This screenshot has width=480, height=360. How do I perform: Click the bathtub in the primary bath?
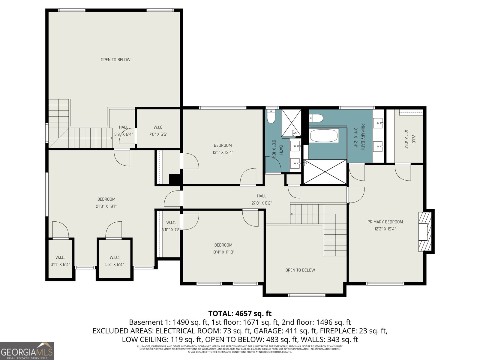click(324, 136)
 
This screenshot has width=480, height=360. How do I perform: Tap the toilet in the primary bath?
click(316, 118)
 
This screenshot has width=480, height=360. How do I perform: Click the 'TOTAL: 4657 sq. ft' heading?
click(240, 313)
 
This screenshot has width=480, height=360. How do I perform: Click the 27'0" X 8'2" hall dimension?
click(262, 203)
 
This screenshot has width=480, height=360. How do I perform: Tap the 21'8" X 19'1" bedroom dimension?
click(106, 206)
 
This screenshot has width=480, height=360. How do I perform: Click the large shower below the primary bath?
click(325, 172)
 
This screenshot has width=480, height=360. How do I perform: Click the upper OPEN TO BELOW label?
click(115, 60)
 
